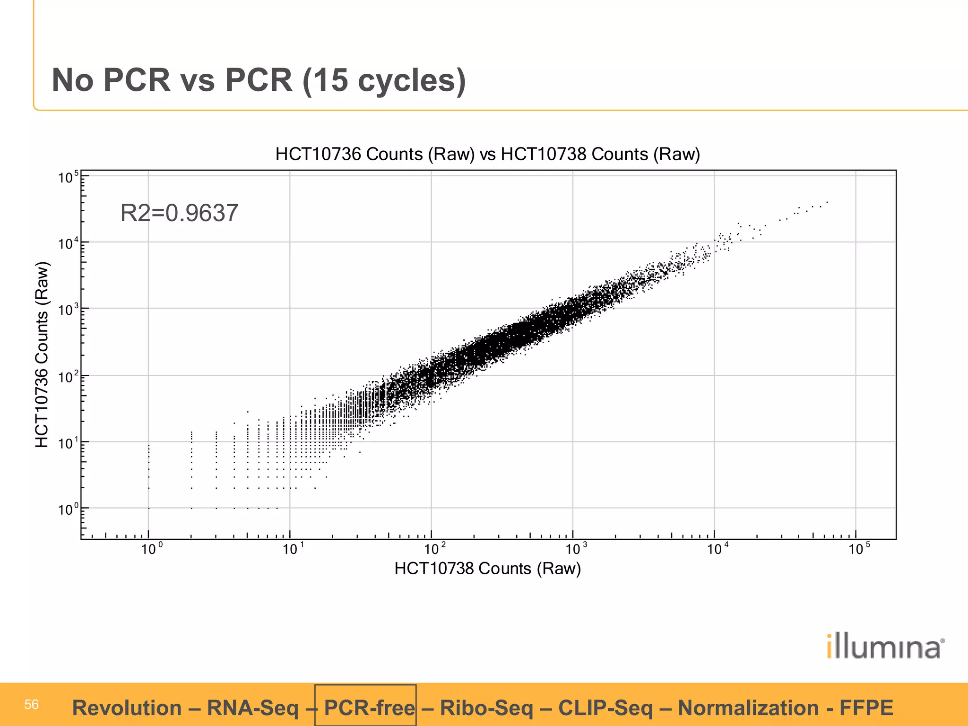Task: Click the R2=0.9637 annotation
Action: coord(179,213)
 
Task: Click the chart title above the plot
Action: coord(487,155)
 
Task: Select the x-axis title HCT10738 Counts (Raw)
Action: coord(487,568)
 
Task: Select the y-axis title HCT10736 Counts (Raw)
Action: coord(42,354)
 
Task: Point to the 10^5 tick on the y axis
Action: coord(68,178)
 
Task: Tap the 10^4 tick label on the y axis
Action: coord(68,244)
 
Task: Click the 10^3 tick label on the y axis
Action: coord(68,310)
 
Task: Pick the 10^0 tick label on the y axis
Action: coord(68,510)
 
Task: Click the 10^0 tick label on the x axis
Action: coord(152,549)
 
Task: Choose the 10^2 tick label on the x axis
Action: coord(434,549)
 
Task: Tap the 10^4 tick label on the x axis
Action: coord(717,549)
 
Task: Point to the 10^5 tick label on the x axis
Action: coord(859,549)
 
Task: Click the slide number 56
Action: coord(31,705)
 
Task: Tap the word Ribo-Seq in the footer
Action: coord(486,708)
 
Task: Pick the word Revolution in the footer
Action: coord(127,708)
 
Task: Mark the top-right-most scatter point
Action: coord(827,202)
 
